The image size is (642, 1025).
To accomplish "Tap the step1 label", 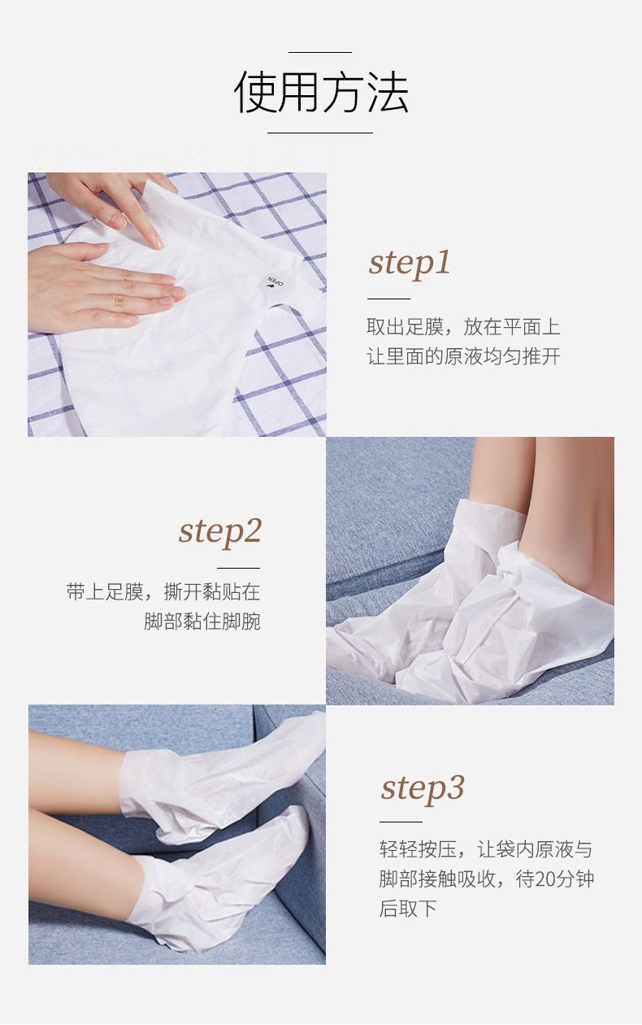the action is (410, 264).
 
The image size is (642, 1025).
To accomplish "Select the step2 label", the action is (220, 533).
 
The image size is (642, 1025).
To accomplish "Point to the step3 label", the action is (423, 788).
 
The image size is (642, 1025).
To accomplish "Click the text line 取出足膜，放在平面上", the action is (463, 327).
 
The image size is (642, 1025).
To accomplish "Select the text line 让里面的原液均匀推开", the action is (463, 356).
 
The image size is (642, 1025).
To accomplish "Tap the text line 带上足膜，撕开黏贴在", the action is (163, 591).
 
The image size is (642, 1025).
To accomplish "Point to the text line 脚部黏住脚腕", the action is (202, 622).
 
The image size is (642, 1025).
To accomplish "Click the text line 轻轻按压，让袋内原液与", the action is (486, 849).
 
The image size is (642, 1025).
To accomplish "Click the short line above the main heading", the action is (320, 53).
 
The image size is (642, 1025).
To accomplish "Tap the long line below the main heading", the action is (320, 133).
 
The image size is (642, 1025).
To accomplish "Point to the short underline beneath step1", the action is (388, 299).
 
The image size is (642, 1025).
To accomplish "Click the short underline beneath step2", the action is (238, 568).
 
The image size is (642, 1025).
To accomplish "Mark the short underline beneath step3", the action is (401, 822).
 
